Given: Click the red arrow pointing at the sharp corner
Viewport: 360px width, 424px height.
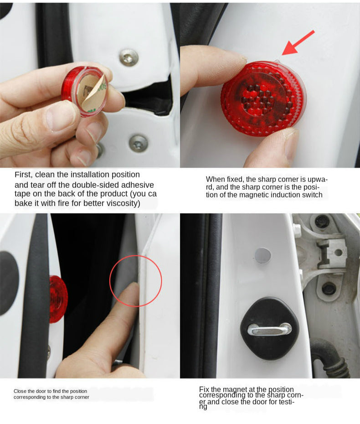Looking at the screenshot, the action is [x=298, y=43].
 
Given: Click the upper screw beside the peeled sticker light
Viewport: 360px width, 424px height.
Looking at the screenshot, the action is [x=129, y=57].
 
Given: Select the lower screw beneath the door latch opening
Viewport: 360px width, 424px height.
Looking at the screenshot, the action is [x=138, y=143].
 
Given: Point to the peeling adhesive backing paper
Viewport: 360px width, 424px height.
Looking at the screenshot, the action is [x=93, y=93].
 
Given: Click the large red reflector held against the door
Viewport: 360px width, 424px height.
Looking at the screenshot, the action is [x=263, y=98].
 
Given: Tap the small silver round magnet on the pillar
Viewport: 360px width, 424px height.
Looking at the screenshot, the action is [x=262, y=255].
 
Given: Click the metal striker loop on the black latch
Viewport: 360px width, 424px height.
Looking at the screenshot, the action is [x=269, y=329].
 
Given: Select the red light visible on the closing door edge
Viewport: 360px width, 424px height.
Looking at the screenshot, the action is [x=58, y=299].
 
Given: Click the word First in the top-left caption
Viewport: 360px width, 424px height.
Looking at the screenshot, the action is [x=23, y=175].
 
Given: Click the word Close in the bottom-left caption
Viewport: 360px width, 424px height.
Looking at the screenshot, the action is [x=20, y=391].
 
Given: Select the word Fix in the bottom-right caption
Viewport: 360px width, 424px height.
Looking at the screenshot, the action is [x=204, y=389].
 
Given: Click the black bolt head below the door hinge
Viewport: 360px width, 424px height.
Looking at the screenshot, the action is [x=329, y=289].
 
